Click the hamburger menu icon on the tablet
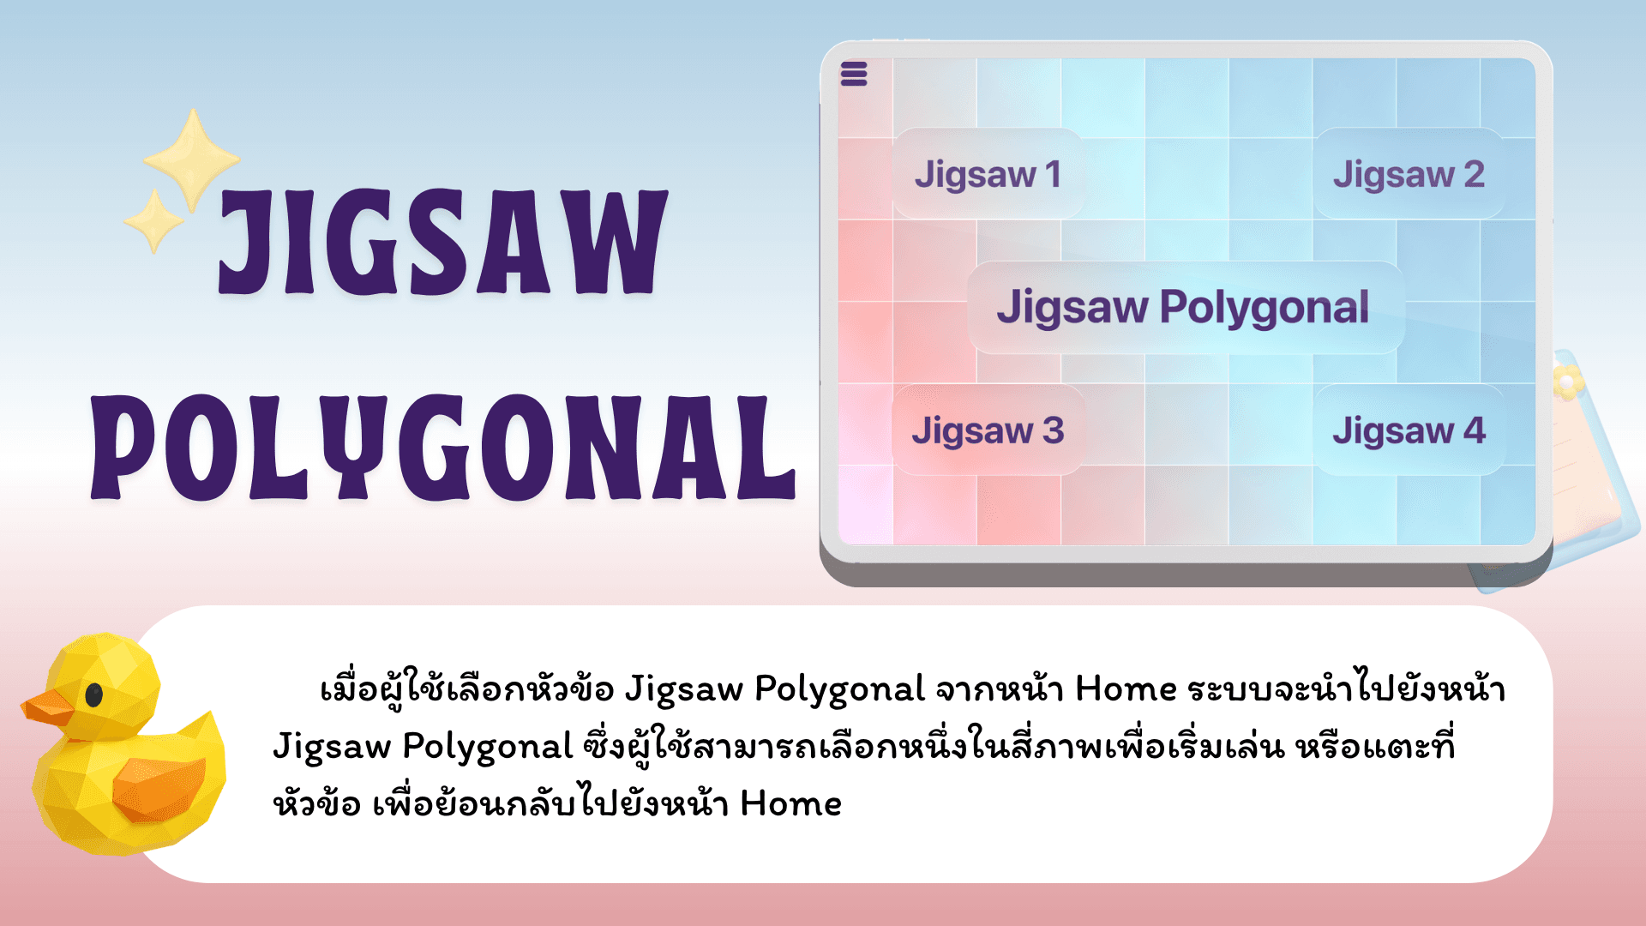pos(853,75)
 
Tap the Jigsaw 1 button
pos(988,174)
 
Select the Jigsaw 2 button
pos(1409,174)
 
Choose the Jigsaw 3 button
pos(988,430)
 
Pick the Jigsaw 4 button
pos(1409,430)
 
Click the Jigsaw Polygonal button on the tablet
pos(1186,307)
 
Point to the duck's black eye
pos(94,695)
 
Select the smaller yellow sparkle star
pos(154,220)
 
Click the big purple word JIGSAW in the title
pos(442,241)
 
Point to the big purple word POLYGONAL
pos(443,447)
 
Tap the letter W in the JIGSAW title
pos(610,241)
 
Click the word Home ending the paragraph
pos(790,803)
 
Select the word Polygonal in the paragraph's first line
pos(839,689)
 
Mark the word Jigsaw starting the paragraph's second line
pos(332,747)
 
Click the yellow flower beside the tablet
pos(1566,382)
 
